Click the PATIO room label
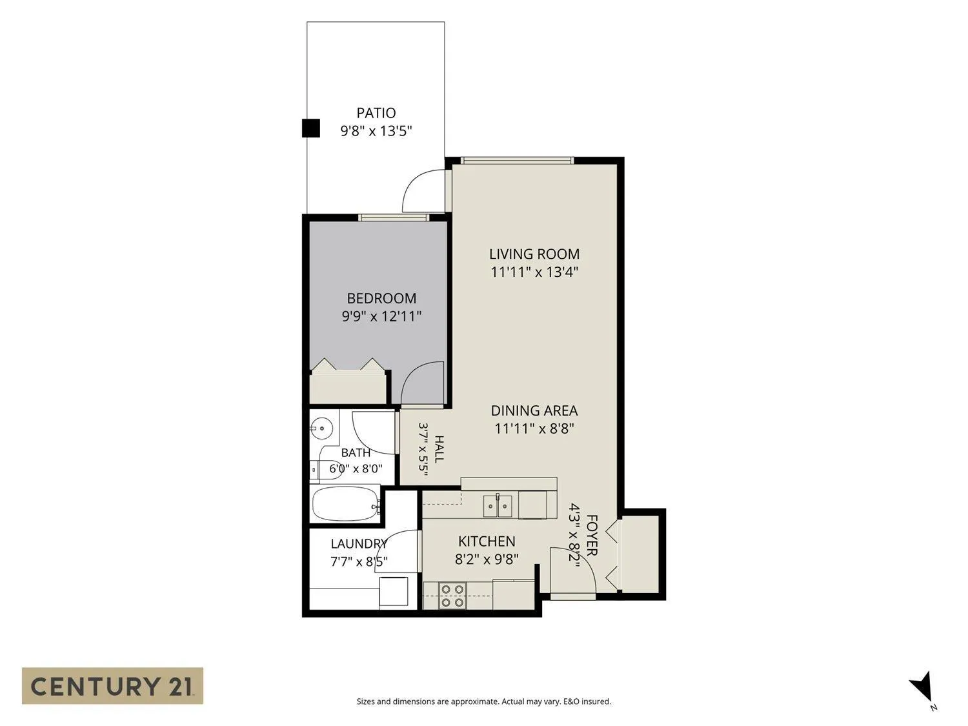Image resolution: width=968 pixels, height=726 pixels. coord(376,114)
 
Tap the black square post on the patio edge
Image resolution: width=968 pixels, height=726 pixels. coord(310,128)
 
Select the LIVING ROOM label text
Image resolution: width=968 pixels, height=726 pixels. coord(534,254)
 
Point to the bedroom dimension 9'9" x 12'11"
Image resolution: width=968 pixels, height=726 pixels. coord(381,316)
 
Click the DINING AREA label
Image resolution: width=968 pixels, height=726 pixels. coord(534,410)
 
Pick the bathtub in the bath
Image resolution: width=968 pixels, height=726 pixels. coord(346,503)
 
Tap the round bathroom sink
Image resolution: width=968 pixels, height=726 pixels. coord(321,428)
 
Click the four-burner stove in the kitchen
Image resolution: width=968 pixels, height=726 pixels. coord(452,596)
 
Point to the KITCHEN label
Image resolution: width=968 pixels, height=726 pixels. coord(487,541)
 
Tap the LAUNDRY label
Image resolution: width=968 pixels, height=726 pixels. coord(359,543)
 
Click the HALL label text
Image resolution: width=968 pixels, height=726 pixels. coord(439,449)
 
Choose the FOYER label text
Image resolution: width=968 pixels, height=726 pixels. coord(592,535)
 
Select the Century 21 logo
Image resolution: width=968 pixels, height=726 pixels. coord(112,686)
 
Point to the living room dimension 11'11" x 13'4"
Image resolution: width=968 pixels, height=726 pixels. coord(534,272)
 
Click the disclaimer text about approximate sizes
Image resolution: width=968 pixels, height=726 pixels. coord(484,701)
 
